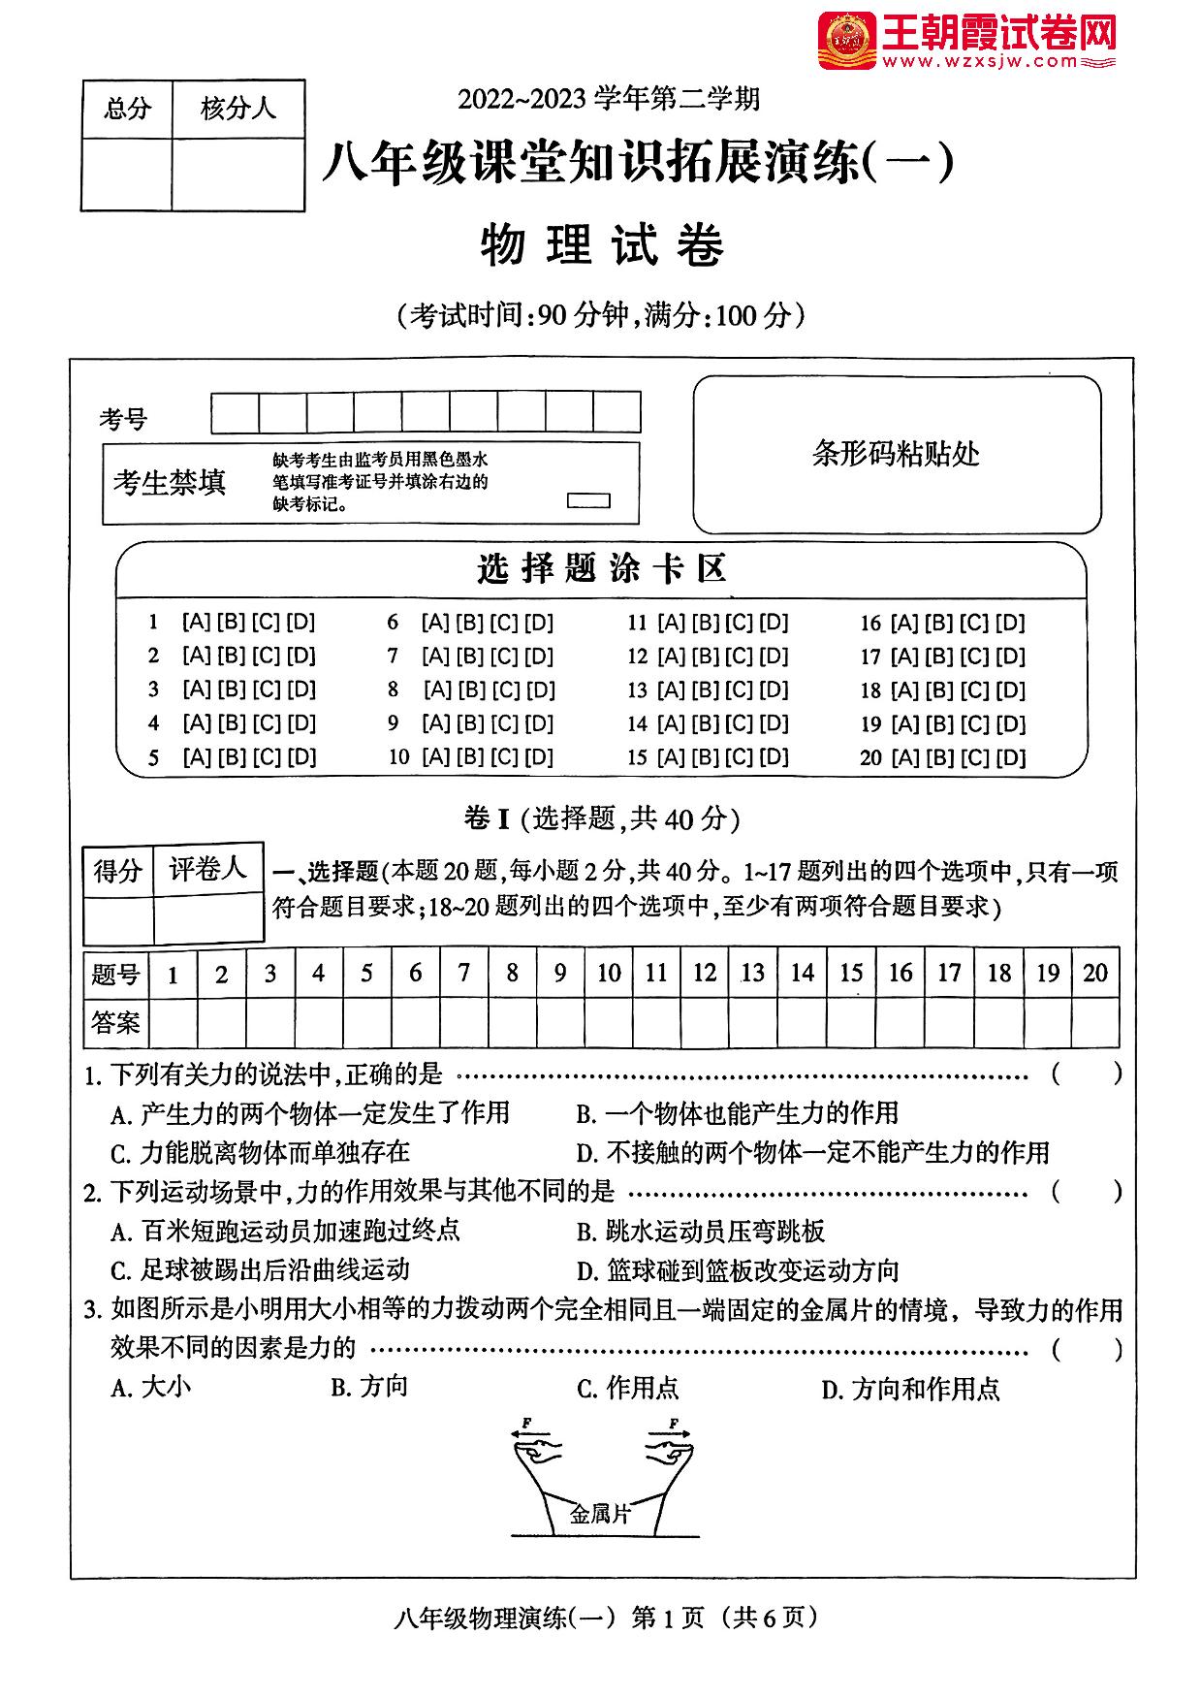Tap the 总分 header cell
[x=127, y=109]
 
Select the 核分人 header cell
[x=237, y=109]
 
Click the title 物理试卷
[x=601, y=245]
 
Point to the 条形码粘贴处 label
[x=896, y=454]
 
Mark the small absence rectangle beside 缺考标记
[x=587, y=500]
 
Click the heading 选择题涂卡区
[x=601, y=569]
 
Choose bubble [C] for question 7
[x=504, y=657]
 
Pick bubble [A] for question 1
[x=197, y=623]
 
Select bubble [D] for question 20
[x=1010, y=757]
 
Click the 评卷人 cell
[x=207, y=869]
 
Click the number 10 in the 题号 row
[x=609, y=973]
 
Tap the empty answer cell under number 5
[x=366, y=1022]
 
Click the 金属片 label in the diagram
[x=600, y=1515]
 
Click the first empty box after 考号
[x=235, y=413]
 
